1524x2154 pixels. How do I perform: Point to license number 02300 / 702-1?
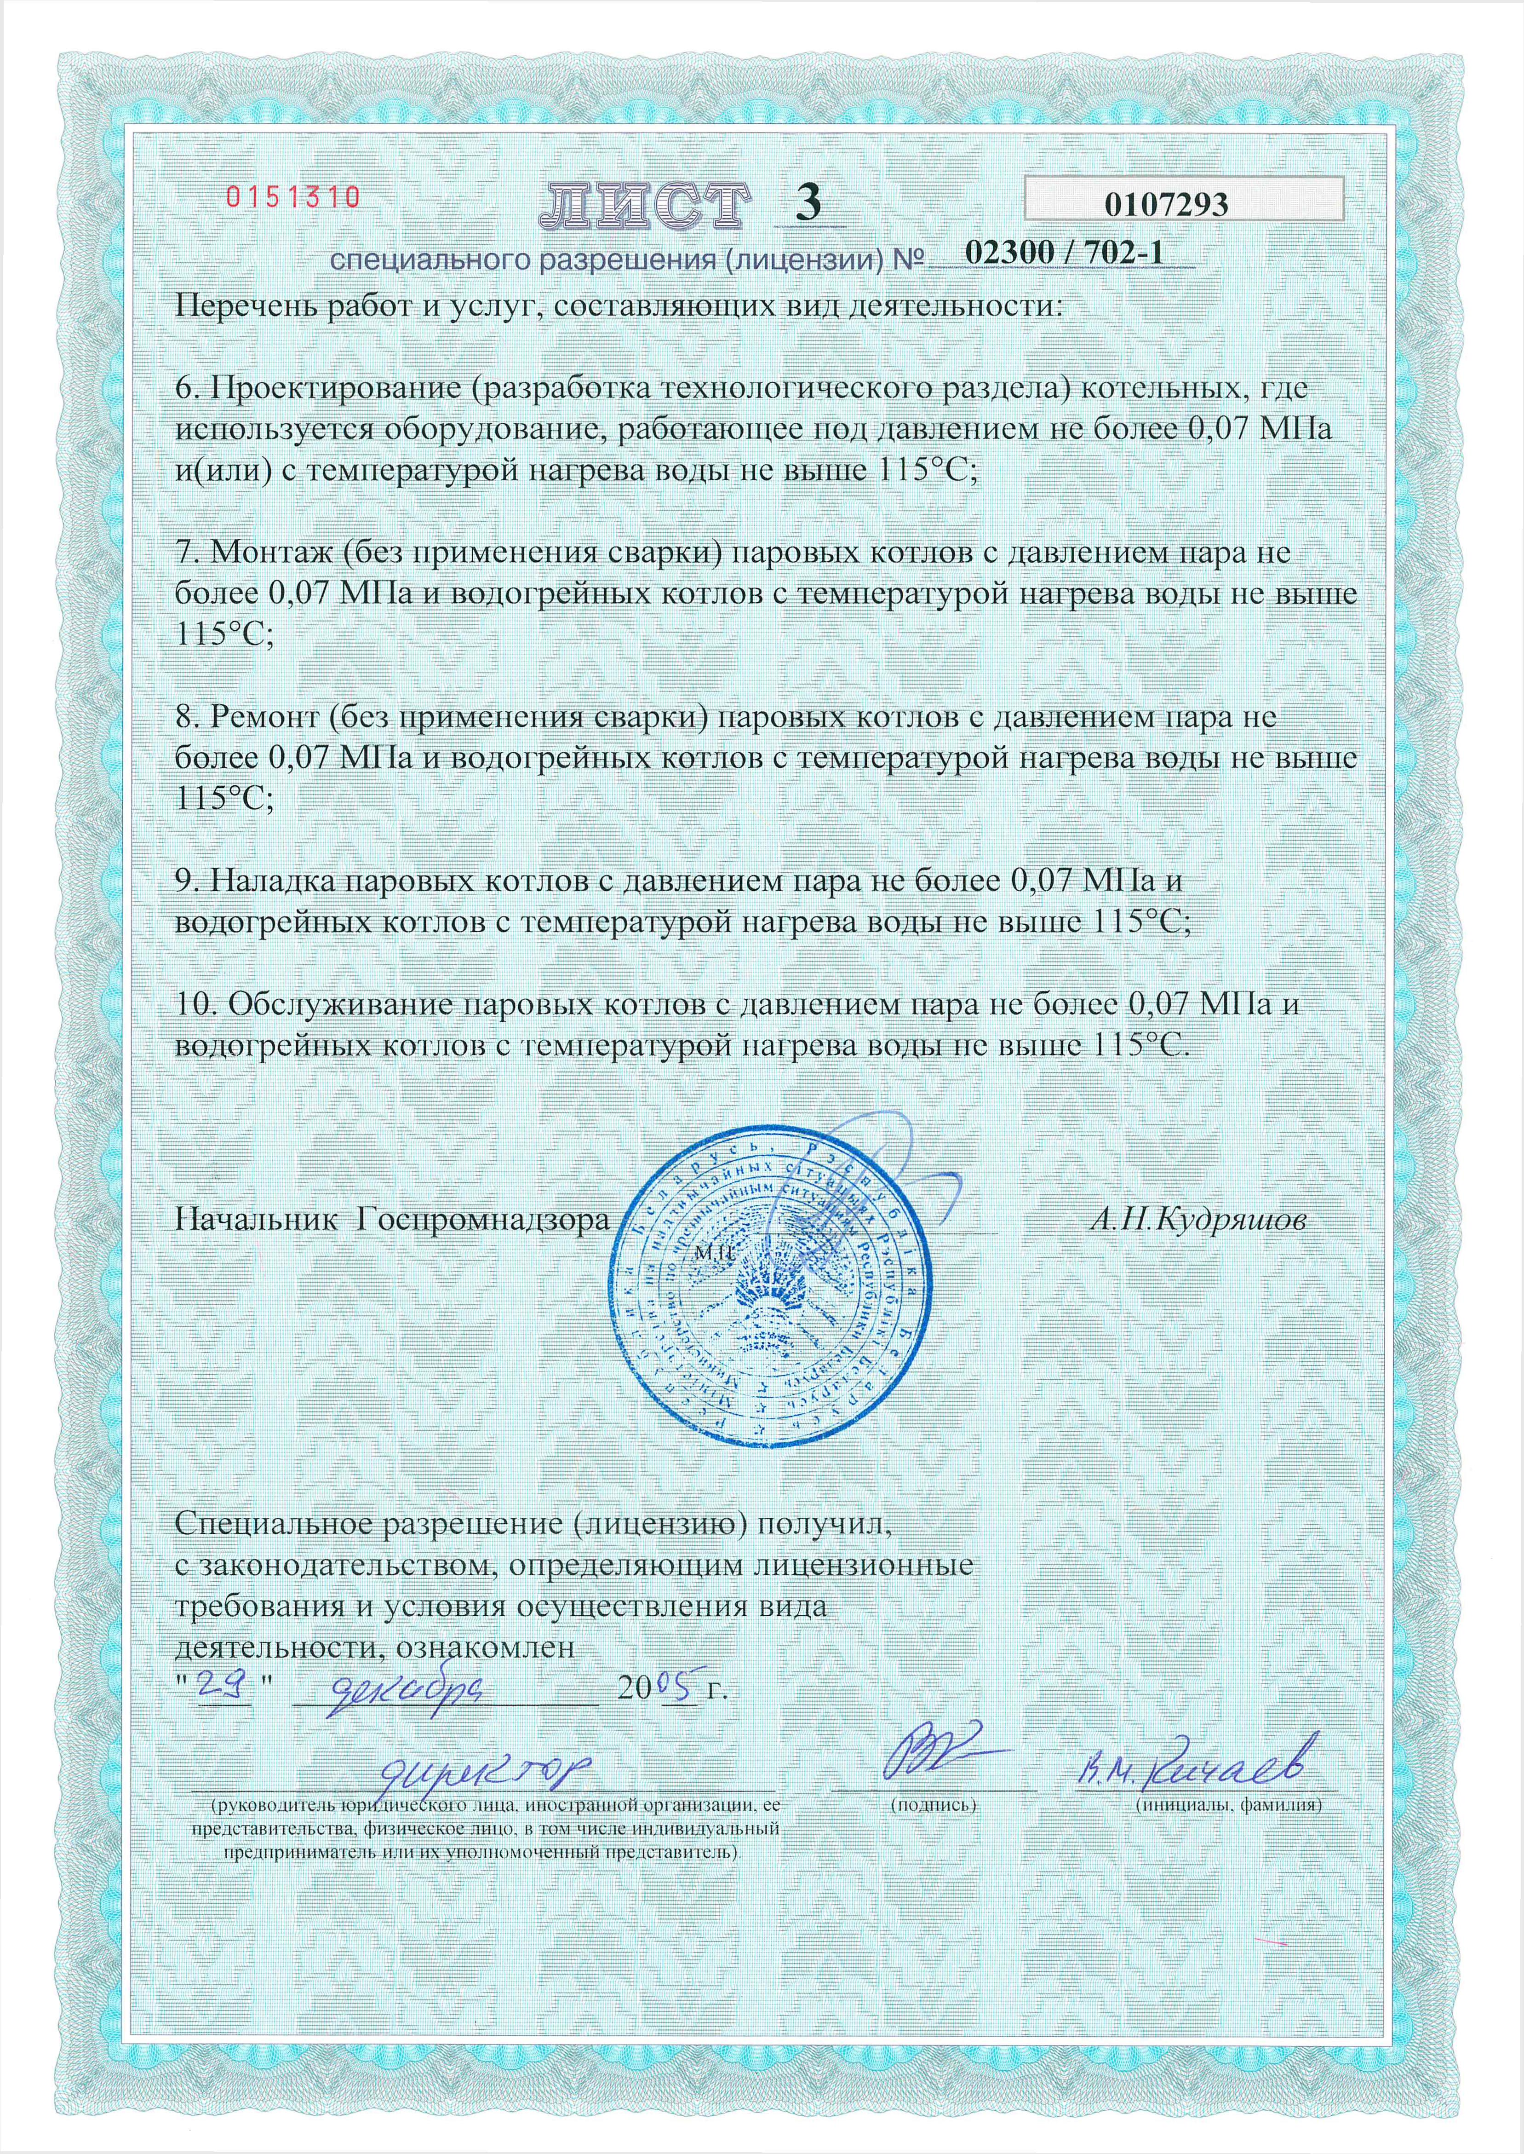coord(1060,253)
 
